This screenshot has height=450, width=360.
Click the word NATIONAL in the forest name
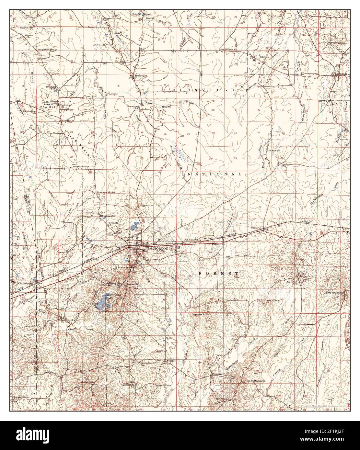pyautogui.click(x=215, y=174)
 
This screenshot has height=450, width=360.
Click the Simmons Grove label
pyautogui.click(x=104, y=192)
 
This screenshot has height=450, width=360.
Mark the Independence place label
pyautogui.click(x=149, y=363)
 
